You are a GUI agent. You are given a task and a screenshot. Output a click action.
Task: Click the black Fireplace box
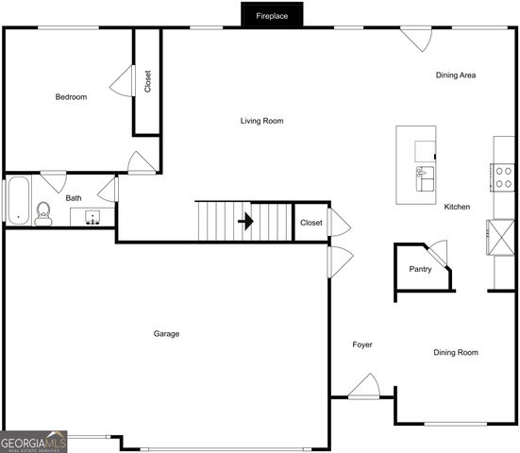pos(272,15)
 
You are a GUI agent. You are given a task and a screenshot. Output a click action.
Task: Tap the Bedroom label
pos(71,97)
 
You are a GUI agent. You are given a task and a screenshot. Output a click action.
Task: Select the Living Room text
pos(261,121)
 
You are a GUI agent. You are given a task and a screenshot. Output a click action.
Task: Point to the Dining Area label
pos(455,75)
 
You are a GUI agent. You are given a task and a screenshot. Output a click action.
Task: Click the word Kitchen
pos(457,207)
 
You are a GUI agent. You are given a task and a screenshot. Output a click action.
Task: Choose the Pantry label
pos(420,269)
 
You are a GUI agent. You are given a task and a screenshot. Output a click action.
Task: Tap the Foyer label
pos(362,344)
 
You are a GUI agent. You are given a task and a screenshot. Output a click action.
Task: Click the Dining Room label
pos(455,352)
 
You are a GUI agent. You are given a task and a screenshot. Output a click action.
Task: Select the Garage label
pos(166,333)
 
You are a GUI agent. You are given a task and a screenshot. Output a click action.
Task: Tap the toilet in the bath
pos(42,213)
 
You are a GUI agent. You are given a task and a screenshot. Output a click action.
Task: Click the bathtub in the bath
pos(17,200)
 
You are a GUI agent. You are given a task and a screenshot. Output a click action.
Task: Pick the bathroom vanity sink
pos(92,218)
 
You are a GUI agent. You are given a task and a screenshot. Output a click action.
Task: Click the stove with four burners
pos(504,176)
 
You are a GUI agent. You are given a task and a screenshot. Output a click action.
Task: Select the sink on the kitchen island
pos(425,174)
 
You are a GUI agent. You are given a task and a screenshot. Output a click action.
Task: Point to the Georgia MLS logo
pos(34,441)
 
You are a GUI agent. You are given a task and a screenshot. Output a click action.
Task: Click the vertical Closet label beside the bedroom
pos(148,81)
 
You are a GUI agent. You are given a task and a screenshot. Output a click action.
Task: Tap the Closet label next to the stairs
pos(310,223)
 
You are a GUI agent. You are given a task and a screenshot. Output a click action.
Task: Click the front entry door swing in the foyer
pos(364,387)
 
